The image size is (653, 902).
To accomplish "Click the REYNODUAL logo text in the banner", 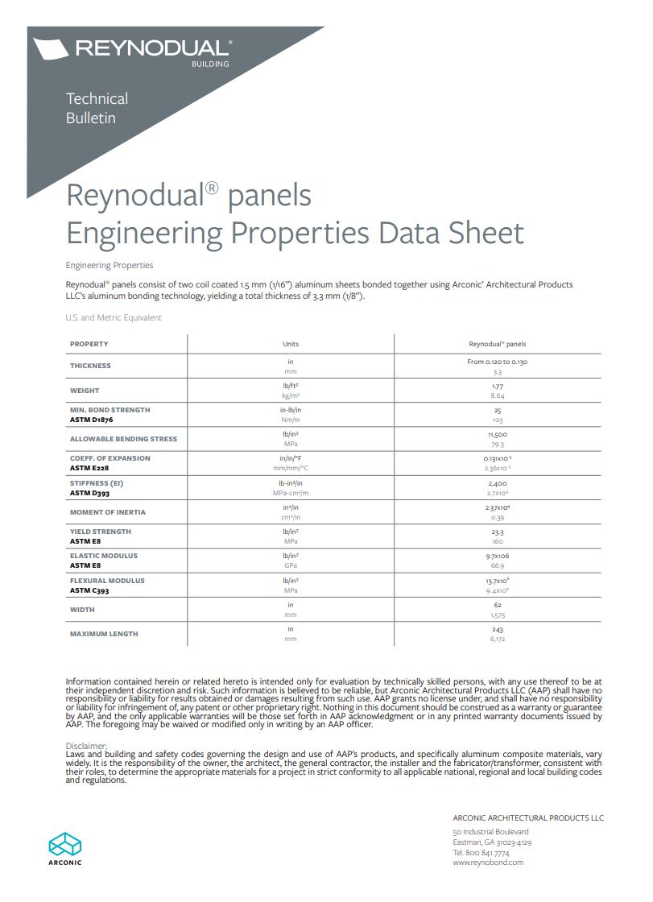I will pos(152,48).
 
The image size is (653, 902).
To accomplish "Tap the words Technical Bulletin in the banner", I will pos(97,108).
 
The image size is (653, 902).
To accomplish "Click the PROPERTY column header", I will pos(89,344).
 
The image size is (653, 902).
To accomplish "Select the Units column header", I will pos(291,344).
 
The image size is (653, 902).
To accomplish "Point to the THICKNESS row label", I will pos(90,366).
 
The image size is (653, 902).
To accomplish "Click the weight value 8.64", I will pos(498,396).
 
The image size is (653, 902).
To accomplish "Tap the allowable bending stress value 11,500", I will pos(498,434).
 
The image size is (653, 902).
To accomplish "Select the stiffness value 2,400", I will pos(498,483).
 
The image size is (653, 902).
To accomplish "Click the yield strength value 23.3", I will pos(498,532).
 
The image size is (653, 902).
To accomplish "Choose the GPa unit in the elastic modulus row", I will pos(291,565).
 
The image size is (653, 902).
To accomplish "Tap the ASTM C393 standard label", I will pos(89,590).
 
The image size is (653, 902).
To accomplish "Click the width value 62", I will pos(498,604).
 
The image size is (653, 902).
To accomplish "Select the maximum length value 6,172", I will pos(498,639).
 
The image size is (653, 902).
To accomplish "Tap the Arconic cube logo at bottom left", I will pos(64,844).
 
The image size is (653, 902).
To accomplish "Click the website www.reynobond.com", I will pos(488,862).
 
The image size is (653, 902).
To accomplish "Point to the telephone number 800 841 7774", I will pos(489,852).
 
